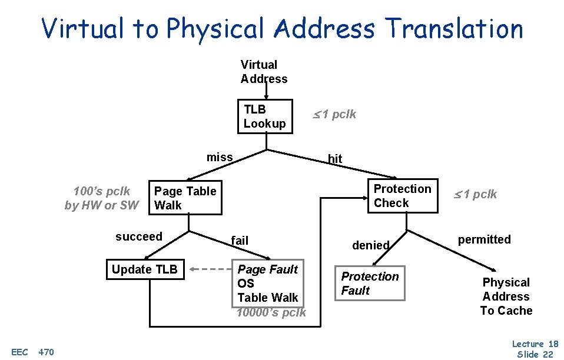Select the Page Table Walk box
click(185, 198)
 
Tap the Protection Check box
click(403, 196)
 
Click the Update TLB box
click(145, 270)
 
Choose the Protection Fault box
click(370, 284)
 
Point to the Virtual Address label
click(264, 72)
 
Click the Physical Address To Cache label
click(506, 296)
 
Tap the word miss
click(220, 157)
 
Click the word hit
click(335, 159)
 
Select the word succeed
click(139, 236)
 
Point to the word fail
click(240, 240)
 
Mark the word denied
click(371, 245)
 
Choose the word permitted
click(485, 239)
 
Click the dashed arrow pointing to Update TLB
click(210, 270)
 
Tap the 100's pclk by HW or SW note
click(102, 198)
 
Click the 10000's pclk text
click(271, 312)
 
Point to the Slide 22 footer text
click(536, 354)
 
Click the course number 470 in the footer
click(46, 352)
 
